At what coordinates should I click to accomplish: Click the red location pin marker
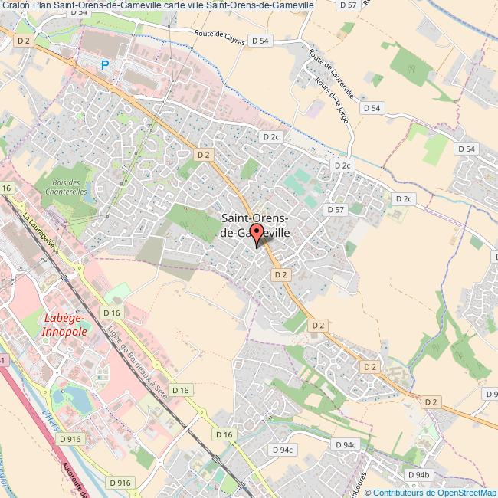click(x=256, y=235)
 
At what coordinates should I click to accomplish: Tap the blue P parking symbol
click(x=105, y=66)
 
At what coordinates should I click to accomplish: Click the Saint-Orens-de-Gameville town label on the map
click(x=254, y=225)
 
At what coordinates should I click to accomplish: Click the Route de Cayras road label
click(x=219, y=38)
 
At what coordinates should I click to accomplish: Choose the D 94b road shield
click(x=419, y=475)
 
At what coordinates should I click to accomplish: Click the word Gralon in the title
click(x=15, y=5)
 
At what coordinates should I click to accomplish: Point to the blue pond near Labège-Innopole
click(x=76, y=397)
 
